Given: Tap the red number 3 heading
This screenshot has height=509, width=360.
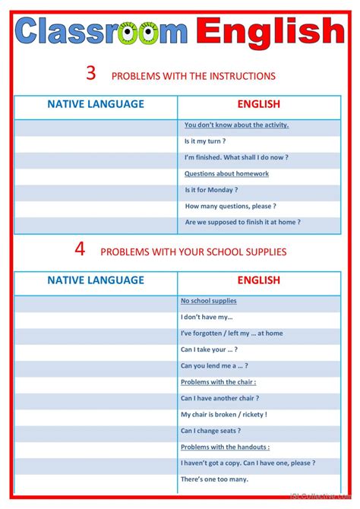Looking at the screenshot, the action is [91, 74].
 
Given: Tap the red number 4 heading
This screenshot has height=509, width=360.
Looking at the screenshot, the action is [80, 249].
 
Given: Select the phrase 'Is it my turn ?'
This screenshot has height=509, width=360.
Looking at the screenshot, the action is [205, 141].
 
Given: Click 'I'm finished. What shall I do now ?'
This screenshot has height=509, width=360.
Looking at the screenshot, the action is [236, 157].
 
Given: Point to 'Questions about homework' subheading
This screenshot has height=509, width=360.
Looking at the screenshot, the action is [226, 174].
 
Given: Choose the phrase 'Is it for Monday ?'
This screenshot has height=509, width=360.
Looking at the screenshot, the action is [211, 190].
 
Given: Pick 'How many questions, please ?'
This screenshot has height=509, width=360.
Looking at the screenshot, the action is [230, 206].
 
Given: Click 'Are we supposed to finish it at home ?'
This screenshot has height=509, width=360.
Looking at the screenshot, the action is [242, 222].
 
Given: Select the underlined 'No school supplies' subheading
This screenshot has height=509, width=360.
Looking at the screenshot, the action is [209, 301].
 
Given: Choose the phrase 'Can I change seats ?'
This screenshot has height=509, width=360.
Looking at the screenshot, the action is [211, 431].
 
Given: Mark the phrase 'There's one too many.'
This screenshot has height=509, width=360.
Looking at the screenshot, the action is [214, 479].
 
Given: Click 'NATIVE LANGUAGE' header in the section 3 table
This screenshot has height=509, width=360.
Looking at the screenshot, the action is [96, 105].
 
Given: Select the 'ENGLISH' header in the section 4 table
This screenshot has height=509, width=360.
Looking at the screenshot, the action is [259, 280].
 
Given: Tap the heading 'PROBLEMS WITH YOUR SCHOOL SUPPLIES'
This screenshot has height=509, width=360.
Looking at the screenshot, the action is [194, 251].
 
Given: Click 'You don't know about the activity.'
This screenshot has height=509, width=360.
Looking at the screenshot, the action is [236, 125].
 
